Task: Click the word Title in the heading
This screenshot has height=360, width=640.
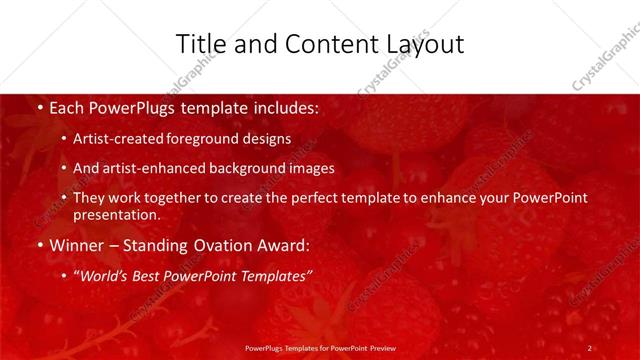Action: tap(200, 44)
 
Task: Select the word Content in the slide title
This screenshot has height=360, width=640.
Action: tap(319, 44)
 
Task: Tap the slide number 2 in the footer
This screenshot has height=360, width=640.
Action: tap(590, 347)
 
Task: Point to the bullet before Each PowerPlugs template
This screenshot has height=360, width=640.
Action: tap(39, 105)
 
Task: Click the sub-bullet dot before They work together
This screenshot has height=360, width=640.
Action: tap(65, 198)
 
